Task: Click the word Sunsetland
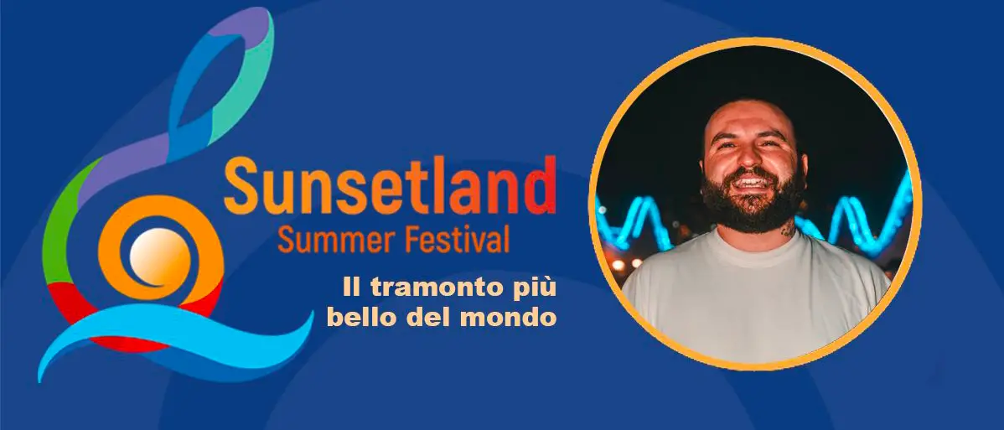[x=390, y=186]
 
